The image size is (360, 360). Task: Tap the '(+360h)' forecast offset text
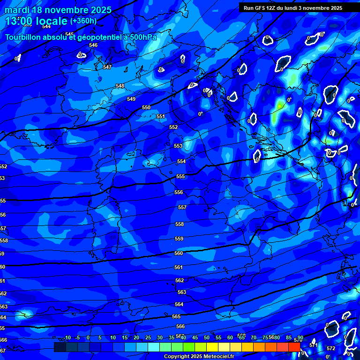(x=83, y=21)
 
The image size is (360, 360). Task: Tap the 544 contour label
(x=46, y=26)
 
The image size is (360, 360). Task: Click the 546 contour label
(x=93, y=45)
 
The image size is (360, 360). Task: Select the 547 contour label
(x=107, y=67)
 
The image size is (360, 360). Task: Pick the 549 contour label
(x=131, y=99)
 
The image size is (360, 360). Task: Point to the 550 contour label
(x=146, y=107)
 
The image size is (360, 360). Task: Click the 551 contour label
(x=161, y=116)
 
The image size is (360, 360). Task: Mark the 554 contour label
(x=181, y=161)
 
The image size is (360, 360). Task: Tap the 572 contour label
(x=331, y=348)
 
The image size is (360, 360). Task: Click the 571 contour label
(x=314, y=345)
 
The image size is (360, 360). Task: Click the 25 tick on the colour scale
(x=148, y=337)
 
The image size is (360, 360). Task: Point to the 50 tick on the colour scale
(x=207, y=337)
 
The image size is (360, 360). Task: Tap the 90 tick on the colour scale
(x=300, y=337)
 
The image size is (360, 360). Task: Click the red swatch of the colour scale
(x=294, y=347)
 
